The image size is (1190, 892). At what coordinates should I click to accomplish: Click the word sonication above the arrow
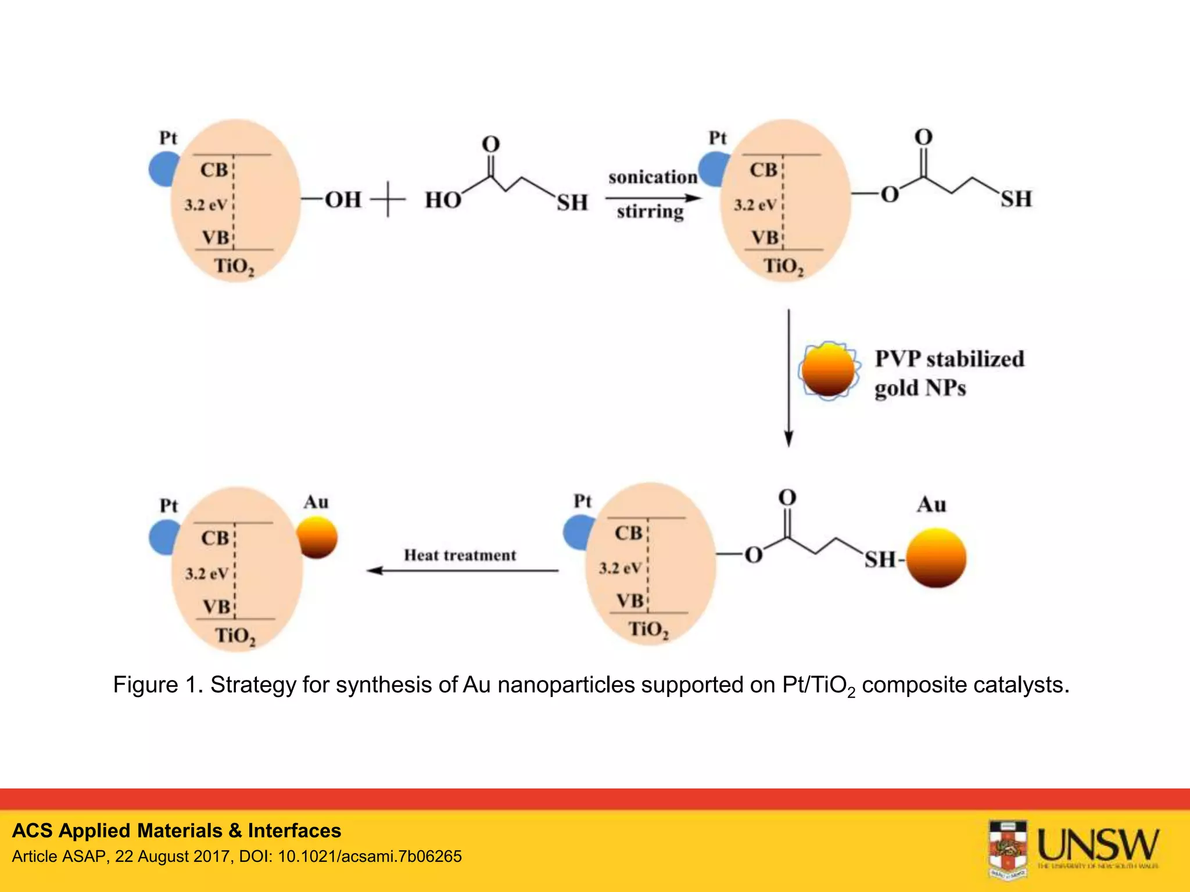pyautogui.click(x=652, y=177)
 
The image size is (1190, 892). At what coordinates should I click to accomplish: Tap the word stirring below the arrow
pyautogui.click(x=650, y=211)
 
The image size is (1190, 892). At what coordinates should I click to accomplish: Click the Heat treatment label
pyautogui.click(x=460, y=555)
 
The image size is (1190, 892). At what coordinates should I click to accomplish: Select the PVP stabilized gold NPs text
pyautogui.click(x=948, y=373)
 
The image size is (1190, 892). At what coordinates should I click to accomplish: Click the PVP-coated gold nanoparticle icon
pyautogui.click(x=829, y=371)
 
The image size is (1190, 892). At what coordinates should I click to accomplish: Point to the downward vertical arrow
pyautogui.click(x=788, y=377)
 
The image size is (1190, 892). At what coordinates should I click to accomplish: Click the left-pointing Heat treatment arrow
pyautogui.click(x=462, y=570)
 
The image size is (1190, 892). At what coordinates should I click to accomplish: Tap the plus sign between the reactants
pyautogui.click(x=388, y=199)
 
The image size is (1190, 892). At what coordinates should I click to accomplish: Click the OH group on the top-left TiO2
pyautogui.click(x=343, y=200)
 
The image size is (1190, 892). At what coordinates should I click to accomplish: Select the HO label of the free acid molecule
pyautogui.click(x=443, y=200)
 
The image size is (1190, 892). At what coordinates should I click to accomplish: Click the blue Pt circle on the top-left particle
pyautogui.click(x=163, y=169)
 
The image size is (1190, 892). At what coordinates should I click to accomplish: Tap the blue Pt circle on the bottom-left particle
pyautogui.click(x=163, y=537)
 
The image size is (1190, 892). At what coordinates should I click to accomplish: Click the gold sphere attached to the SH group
pyautogui.click(x=936, y=557)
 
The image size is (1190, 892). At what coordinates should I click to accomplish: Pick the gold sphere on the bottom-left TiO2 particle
pyautogui.click(x=318, y=537)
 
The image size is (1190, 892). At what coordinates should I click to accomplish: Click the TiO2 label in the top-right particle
pyautogui.click(x=783, y=267)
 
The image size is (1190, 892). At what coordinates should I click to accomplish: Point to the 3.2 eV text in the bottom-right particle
pyautogui.click(x=620, y=567)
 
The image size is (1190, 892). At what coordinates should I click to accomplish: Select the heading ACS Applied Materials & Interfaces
pyautogui.click(x=177, y=830)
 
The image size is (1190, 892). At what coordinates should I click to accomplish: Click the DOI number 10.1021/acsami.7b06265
pyautogui.click(x=370, y=857)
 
